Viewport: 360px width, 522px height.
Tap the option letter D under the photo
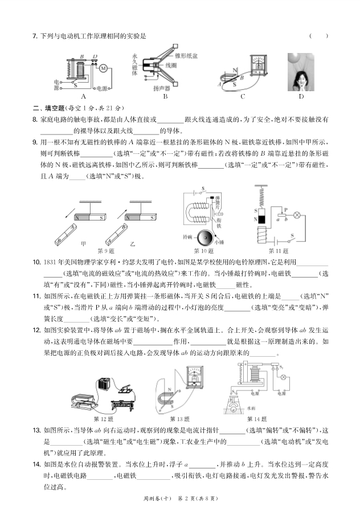(x=301, y=96)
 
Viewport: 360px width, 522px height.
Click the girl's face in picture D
(x=300, y=74)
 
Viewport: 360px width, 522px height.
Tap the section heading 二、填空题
(x=49, y=108)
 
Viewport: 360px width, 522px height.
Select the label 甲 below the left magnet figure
(x=84, y=243)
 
